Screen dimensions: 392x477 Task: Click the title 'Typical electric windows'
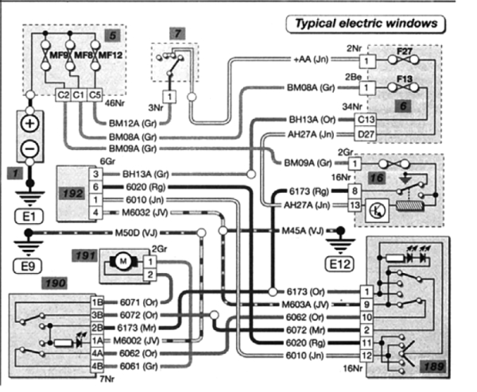(366, 24)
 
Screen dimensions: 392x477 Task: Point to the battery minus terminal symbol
(29, 148)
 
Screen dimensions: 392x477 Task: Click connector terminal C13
(366, 121)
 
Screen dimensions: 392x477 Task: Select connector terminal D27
(366, 135)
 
